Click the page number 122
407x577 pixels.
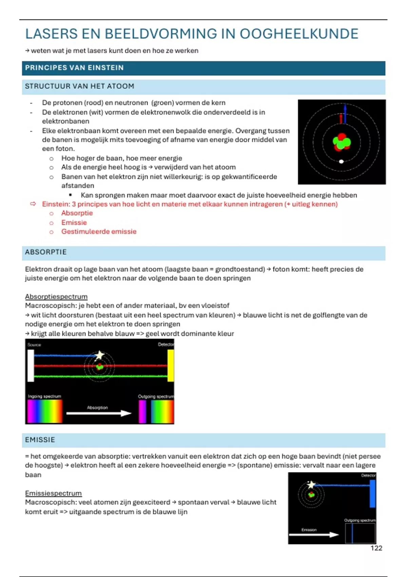[x=376, y=548]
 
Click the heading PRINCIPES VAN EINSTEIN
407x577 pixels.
[x=74, y=68]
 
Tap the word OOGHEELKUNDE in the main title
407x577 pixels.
[x=299, y=34]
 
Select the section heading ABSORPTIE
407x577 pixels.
[x=46, y=252]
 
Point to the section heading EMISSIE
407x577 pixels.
[x=40, y=440]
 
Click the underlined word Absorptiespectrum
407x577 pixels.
[x=56, y=297]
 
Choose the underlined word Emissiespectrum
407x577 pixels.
[x=53, y=493]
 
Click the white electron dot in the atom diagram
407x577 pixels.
[x=342, y=162]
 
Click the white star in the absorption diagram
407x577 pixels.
[x=99, y=355]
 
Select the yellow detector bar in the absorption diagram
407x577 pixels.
[x=171, y=366]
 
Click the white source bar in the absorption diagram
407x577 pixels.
[x=31, y=366]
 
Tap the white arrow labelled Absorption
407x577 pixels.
[x=99, y=413]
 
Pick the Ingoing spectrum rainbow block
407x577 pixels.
[x=45, y=411]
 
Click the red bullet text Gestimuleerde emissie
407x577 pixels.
[x=99, y=231]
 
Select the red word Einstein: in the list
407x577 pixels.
[x=56, y=204]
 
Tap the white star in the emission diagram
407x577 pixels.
[x=311, y=485]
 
